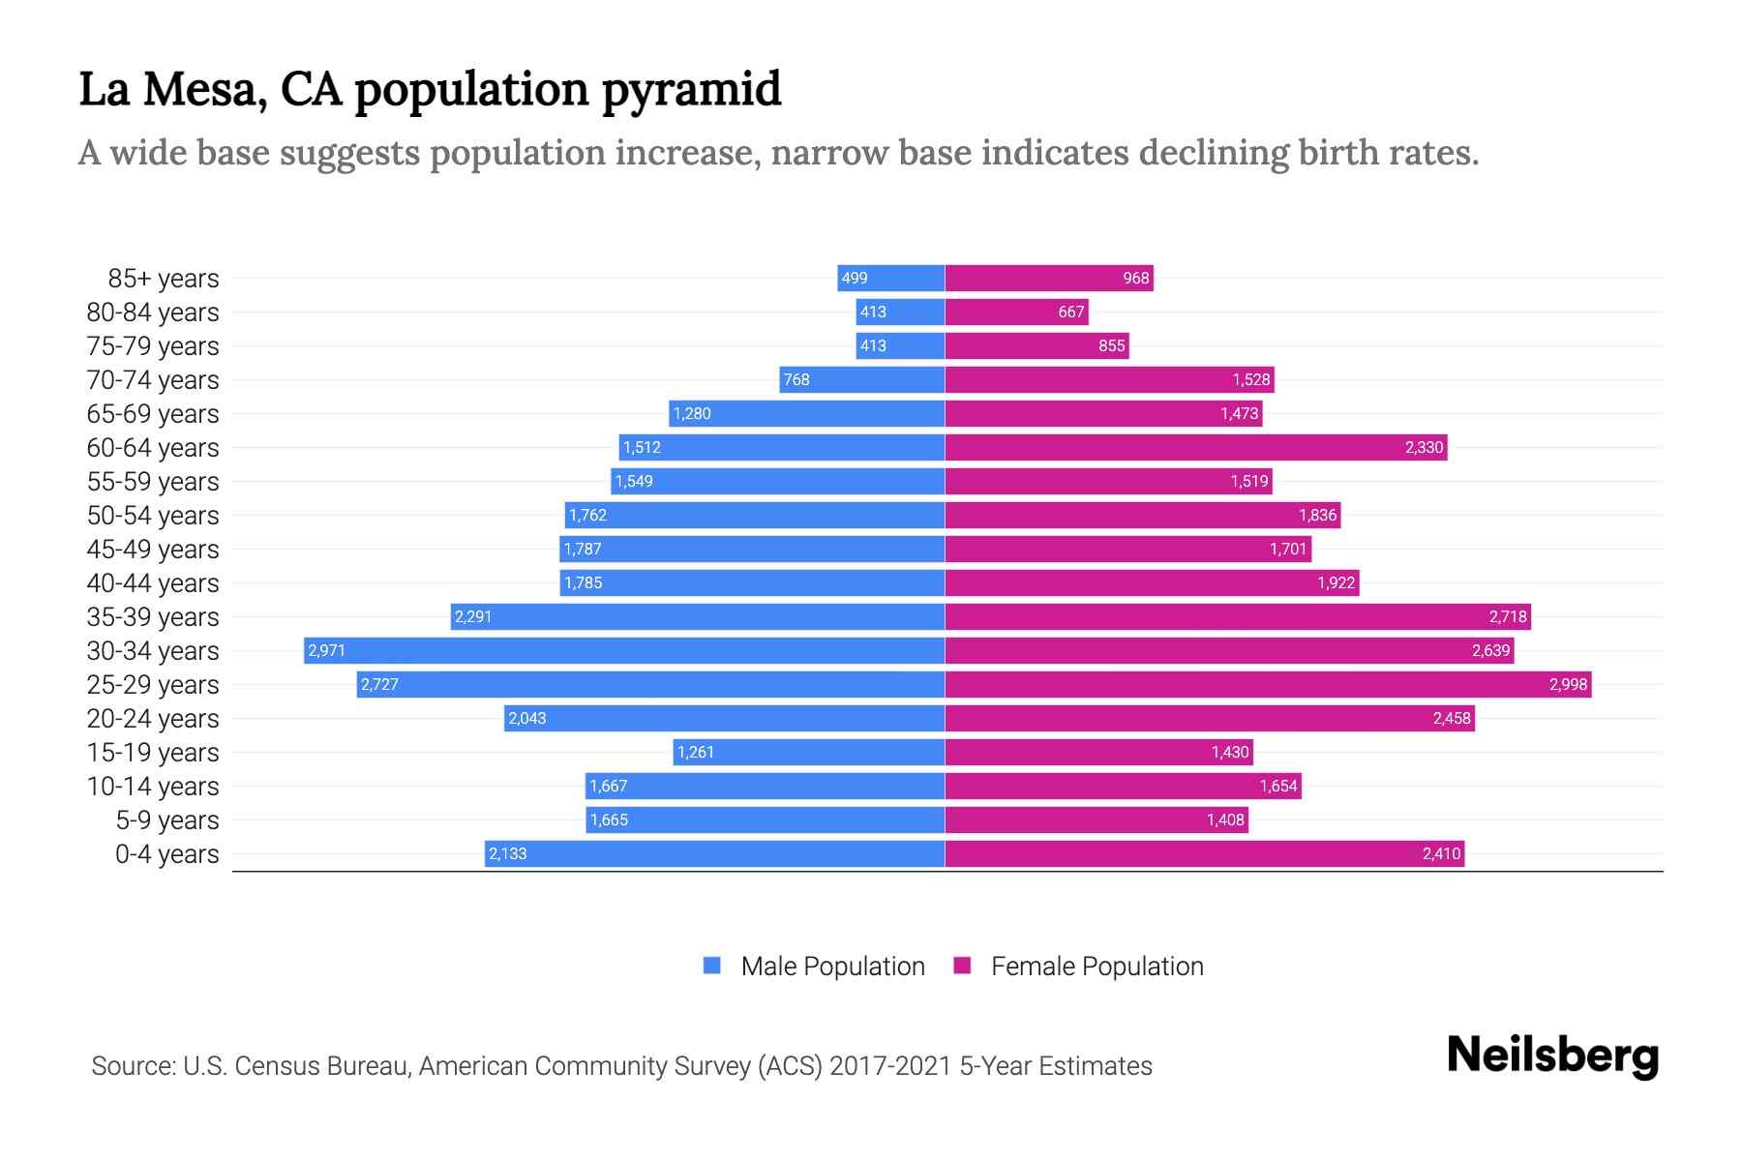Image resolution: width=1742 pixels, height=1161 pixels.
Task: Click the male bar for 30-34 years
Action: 624,650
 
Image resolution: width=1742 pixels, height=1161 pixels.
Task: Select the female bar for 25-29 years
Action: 1268,684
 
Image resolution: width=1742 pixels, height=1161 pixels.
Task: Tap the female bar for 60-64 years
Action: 1195,447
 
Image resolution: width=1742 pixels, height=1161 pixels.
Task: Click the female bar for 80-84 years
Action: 1016,312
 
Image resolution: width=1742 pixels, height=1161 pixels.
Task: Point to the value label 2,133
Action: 508,853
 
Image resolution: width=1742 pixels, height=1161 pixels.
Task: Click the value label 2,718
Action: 1508,616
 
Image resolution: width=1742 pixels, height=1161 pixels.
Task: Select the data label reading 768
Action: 796,379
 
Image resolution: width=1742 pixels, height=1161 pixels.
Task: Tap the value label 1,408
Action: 1225,819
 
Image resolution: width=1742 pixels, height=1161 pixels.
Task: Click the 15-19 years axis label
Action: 153,752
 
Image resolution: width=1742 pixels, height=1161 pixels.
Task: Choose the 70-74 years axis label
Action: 153,379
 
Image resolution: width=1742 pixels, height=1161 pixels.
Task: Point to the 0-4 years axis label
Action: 166,853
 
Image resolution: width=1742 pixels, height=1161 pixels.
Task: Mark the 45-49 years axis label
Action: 153,549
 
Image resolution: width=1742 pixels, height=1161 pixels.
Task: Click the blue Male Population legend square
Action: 712,966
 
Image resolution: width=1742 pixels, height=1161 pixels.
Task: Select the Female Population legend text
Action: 1096,966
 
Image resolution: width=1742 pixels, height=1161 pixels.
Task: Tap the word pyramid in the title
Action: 691,90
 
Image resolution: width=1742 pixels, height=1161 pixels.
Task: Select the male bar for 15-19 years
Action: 808,752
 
